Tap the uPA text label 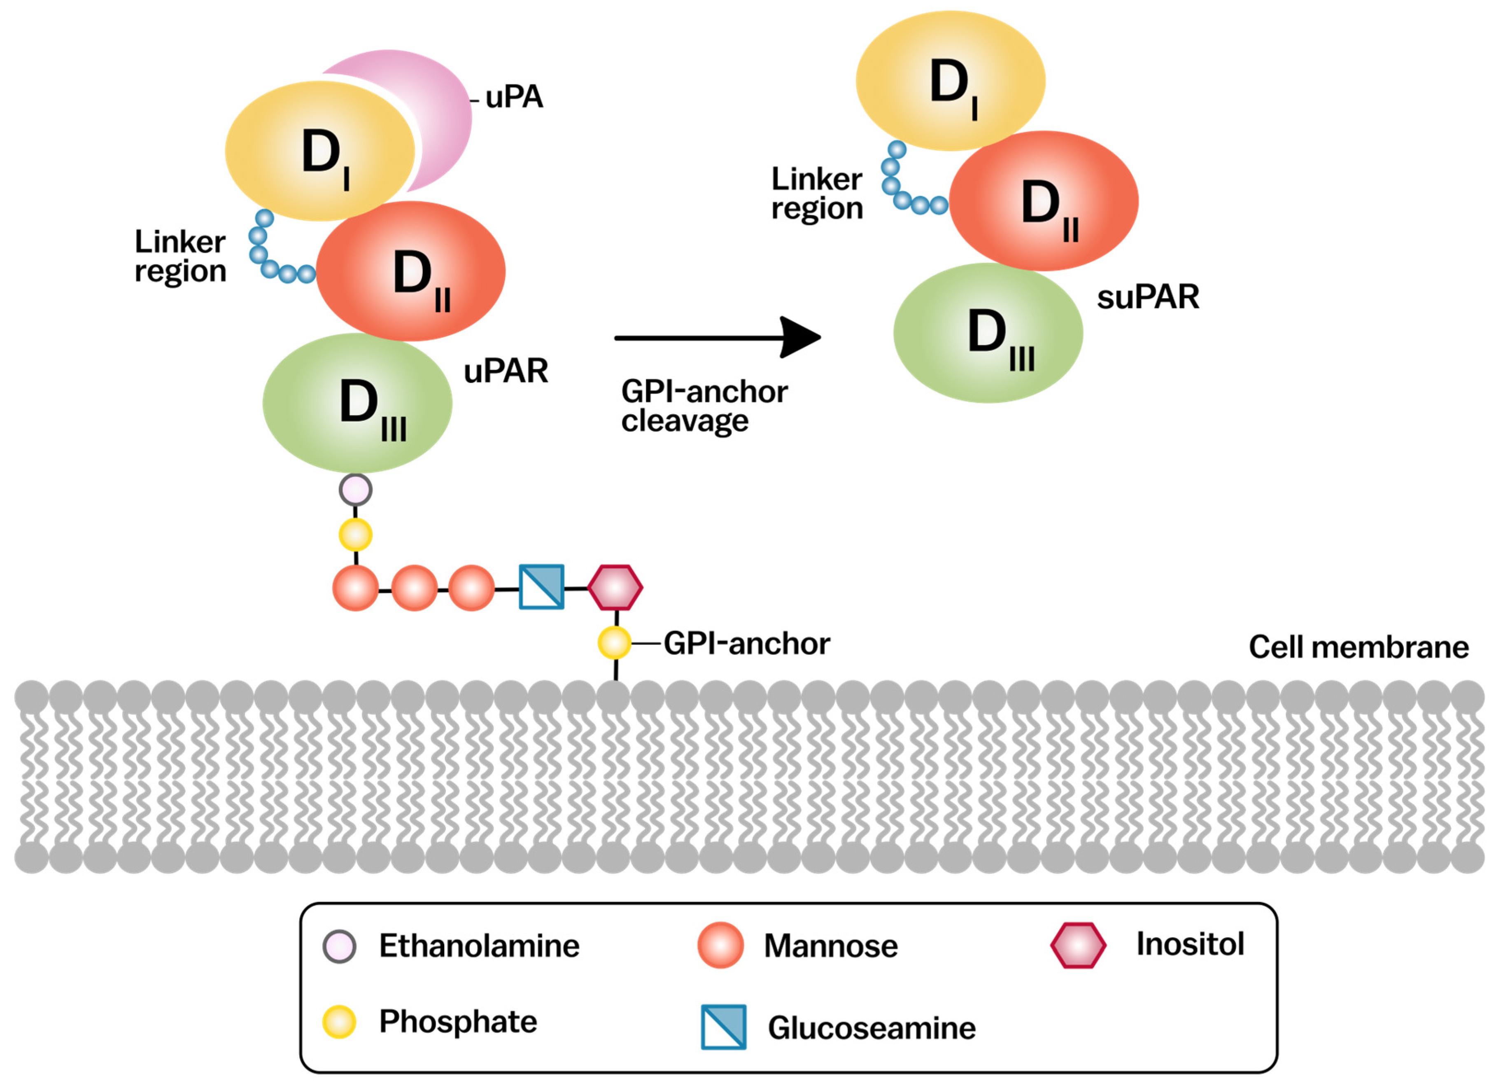[514, 97]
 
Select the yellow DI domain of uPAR [320, 150]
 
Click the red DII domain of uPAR [411, 271]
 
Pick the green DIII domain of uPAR [357, 402]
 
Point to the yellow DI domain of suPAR [951, 80]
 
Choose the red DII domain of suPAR [1044, 201]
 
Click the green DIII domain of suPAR [988, 333]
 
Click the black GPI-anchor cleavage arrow [718, 338]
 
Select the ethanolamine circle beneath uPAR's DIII [356, 490]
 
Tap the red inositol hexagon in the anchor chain [615, 587]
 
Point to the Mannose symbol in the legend [720, 945]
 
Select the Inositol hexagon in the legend [1079, 945]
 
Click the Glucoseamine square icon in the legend [724, 1027]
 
